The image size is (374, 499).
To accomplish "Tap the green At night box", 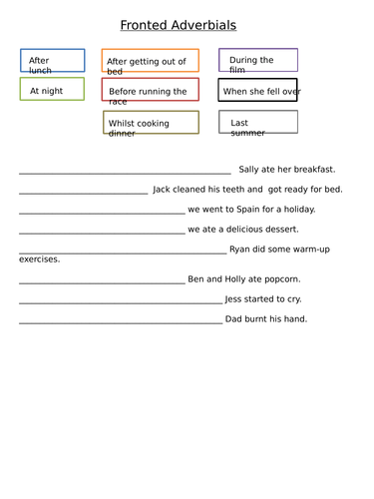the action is point(52,90).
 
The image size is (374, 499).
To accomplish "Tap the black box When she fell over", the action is point(257,91).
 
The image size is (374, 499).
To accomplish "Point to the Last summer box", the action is point(257,123).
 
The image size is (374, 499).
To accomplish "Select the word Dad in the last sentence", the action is point(235,319).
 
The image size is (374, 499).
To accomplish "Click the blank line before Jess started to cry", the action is point(120,301).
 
